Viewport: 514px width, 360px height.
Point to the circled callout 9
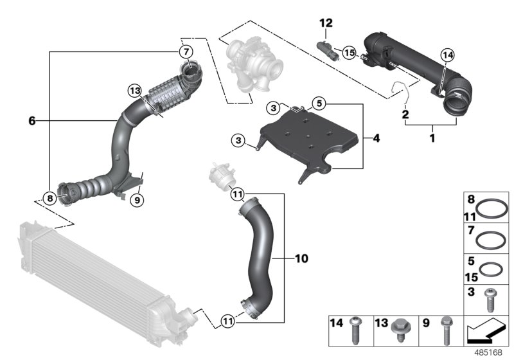[x=136, y=200]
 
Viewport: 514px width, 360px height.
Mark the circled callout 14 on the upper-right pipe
[x=448, y=56]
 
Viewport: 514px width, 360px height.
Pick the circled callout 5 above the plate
[x=319, y=103]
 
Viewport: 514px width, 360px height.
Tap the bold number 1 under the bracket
[x=432, y=138]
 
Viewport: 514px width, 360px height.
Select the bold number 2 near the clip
[x=405, y=114]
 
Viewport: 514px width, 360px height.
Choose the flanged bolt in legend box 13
[x=398, y=329]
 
